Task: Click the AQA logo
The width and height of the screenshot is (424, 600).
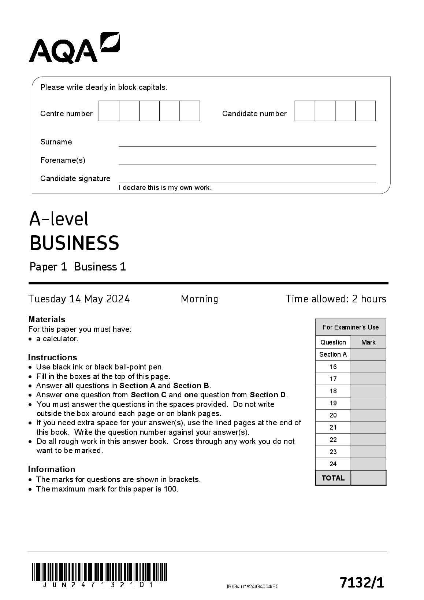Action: click(74, 48)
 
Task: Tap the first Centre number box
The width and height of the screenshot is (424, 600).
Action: click(109, 111)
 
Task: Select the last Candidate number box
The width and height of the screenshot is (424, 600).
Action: click(365, 111)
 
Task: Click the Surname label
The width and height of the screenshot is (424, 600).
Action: click(56, 142)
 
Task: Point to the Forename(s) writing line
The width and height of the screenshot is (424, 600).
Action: click(247, 164)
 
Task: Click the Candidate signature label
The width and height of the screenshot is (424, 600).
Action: click(75, 178)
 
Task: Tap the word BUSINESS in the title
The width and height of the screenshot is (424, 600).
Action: click(74, 243)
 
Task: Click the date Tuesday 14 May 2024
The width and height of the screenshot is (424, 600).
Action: click(79, 299)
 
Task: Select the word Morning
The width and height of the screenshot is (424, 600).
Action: click(199, 299)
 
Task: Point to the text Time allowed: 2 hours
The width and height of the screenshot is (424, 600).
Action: click(336, 299)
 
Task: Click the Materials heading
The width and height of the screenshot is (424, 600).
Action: click(47, 319)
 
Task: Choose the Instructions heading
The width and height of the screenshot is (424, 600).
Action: click(52, 357)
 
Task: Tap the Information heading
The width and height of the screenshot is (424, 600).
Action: click(51, 469)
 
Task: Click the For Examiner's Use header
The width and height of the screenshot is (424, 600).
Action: click(350, 327)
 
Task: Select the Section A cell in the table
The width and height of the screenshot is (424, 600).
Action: click(333, 354)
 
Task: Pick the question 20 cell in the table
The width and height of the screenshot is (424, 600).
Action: click(333, 415)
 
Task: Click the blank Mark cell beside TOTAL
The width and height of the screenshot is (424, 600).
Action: click(368, 478)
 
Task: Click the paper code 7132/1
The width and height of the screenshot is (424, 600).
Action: click(362, 582)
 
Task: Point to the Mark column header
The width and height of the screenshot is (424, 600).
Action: click(368, 342)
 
